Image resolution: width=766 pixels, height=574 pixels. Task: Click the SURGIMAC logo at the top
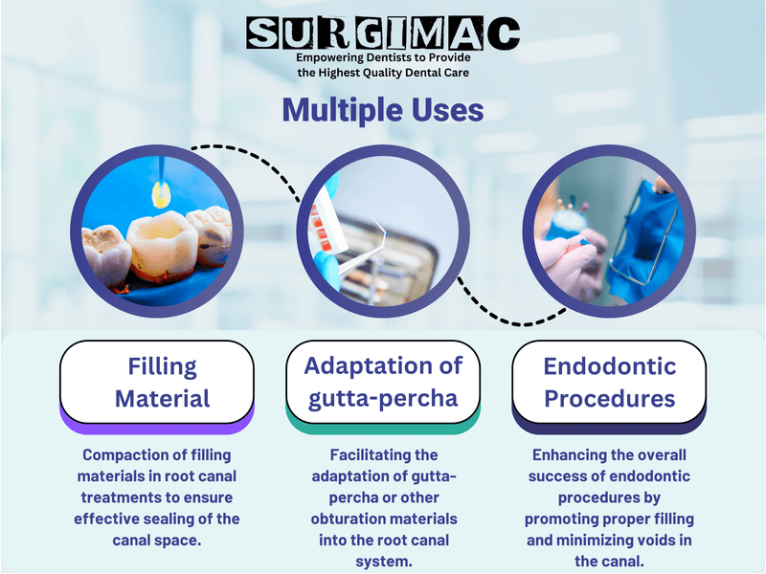[x=383, y=33]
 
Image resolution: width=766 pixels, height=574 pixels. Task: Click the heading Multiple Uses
[x=383, y=110]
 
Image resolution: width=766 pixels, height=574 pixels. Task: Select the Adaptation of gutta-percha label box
[x=383, y=382]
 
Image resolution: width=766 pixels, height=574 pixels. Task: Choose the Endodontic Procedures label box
[x=609, y=382]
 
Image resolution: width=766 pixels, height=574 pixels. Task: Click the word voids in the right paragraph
[x=648, y=540]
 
